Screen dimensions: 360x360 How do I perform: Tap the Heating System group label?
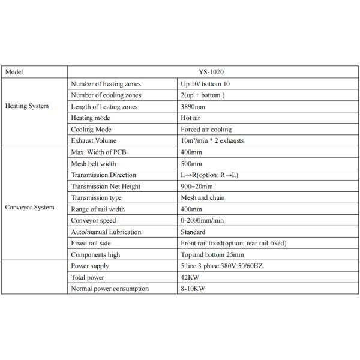point(27,106)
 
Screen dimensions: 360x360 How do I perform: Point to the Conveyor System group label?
point(29,208)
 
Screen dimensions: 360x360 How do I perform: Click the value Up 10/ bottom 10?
point(205,83)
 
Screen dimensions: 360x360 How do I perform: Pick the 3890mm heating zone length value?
point(194,106)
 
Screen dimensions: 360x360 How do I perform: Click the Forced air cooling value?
point(206,129)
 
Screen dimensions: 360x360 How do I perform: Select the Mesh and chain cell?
point(203,197)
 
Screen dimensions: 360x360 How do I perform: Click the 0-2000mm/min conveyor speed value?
point(202,220)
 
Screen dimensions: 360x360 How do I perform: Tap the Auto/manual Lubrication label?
point(106,231)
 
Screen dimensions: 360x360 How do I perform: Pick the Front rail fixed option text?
point(233,242)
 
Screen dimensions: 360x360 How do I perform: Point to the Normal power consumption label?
point(110,289)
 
